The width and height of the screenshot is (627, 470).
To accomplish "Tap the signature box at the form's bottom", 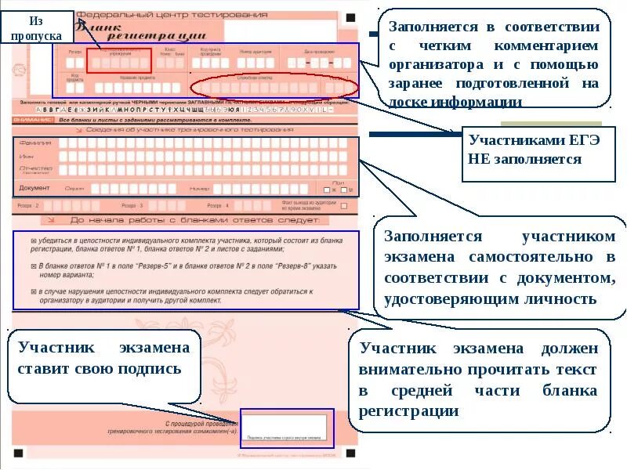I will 286,428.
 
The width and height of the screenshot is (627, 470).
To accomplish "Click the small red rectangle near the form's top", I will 118,60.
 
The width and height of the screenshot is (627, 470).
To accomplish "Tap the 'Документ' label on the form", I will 34,188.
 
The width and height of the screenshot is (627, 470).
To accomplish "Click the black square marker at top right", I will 350,16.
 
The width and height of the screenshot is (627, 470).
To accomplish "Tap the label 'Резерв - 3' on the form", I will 131,205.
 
